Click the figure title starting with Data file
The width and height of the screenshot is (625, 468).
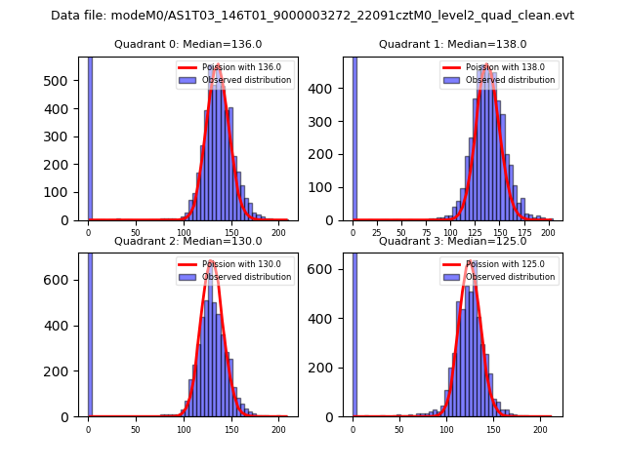pos(312,16)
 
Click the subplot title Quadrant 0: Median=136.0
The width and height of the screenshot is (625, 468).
pos(187,44)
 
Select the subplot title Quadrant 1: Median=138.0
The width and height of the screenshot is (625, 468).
pos(452,44)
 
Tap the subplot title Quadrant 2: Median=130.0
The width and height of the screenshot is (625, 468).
pos(187,241)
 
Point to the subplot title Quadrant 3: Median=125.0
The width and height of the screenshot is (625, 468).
pos(452,241)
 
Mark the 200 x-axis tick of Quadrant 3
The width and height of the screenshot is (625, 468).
pos(540,430)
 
